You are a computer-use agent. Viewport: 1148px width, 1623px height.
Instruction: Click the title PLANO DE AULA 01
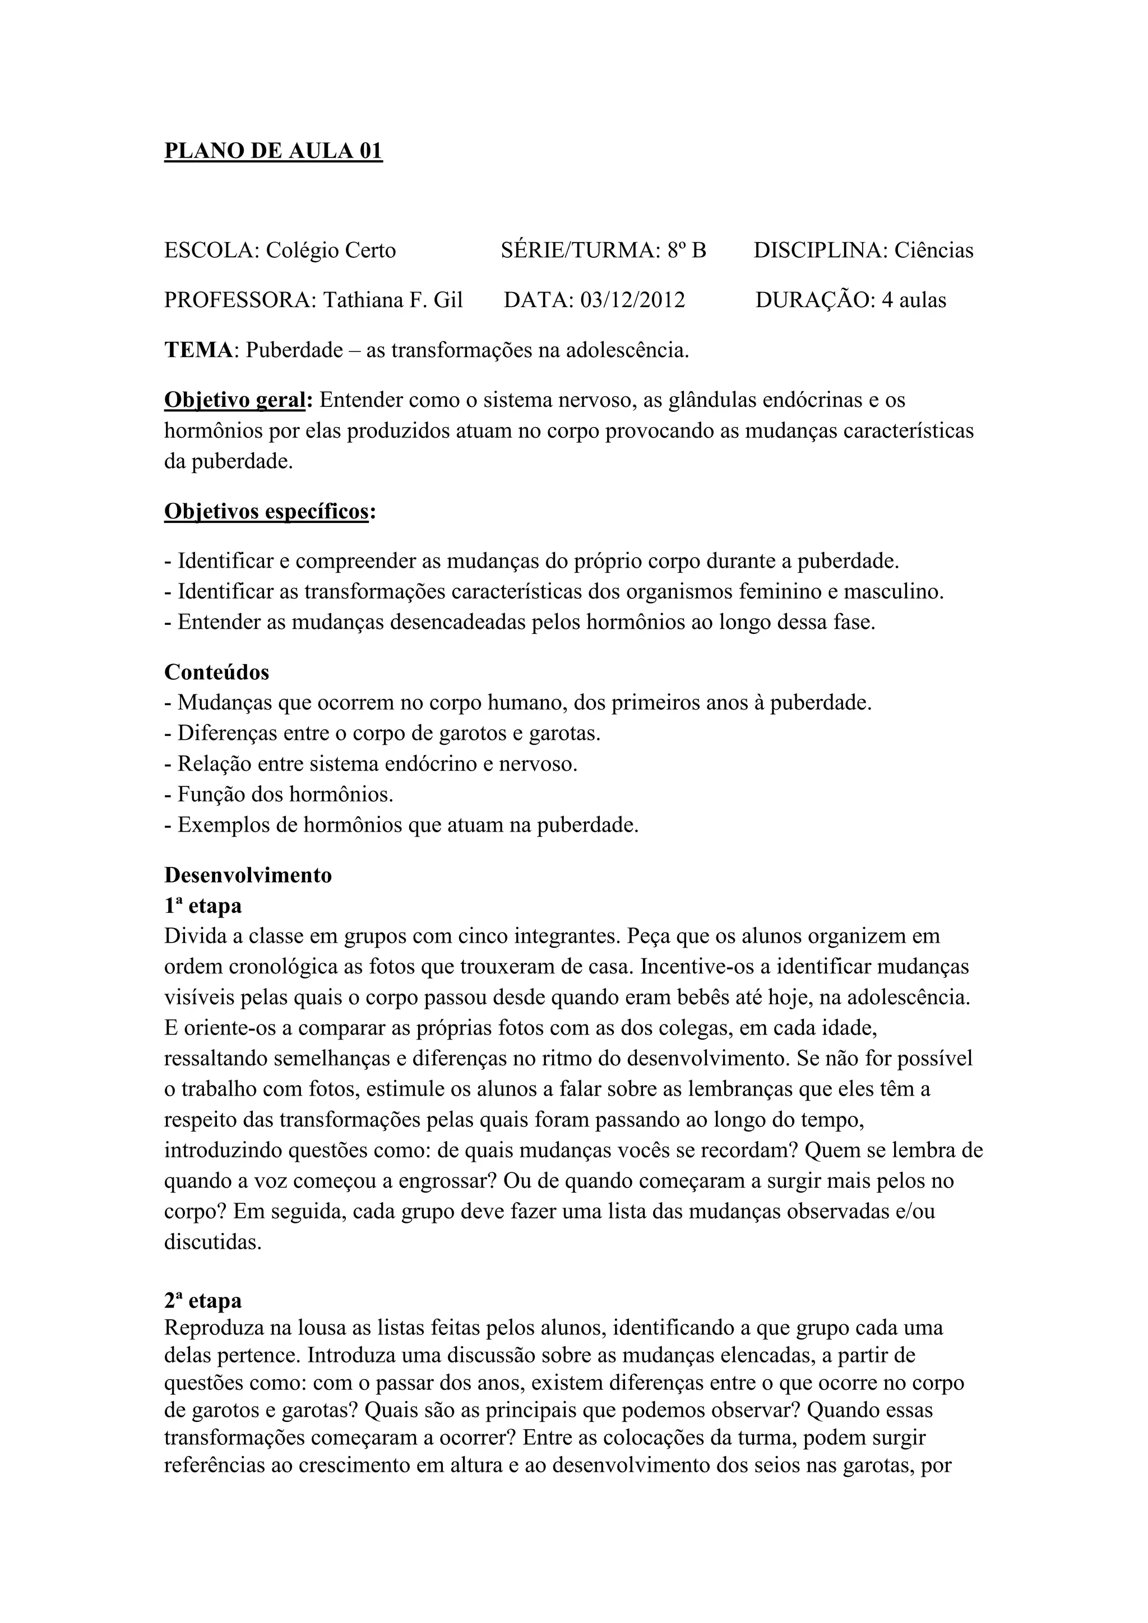click(273, 151)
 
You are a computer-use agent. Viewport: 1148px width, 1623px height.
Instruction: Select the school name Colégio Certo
click(331, 251)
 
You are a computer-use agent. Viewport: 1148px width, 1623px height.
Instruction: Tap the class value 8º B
click(686, 251)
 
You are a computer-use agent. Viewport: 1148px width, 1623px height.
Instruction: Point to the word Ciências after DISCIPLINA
click(933, 251)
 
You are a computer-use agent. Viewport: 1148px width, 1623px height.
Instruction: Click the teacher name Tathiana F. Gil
click(393, 300)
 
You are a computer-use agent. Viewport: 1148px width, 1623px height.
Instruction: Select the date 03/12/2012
click(633, 300)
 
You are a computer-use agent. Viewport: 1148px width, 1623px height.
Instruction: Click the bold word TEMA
click(198, 350)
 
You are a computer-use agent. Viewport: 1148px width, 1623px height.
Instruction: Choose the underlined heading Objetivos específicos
click(266, 511)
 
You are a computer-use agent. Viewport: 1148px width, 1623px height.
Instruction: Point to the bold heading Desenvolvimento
click(248, 875)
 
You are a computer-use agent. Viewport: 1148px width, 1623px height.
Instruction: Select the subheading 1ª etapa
click(203, 906)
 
